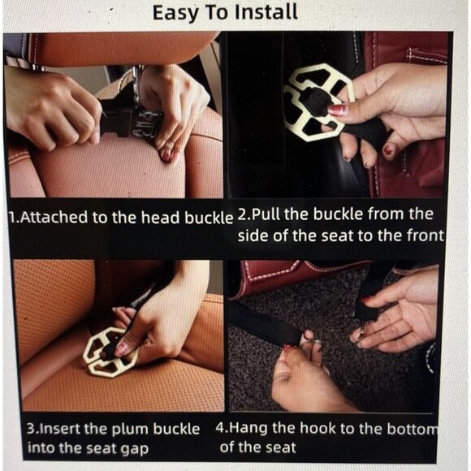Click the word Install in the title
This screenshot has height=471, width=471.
[266, 13]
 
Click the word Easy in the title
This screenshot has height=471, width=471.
[175, 14]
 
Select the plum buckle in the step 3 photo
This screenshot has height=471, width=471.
[110, 352]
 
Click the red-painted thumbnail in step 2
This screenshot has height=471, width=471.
[339, 110]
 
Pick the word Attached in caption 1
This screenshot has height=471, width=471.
[54, 217]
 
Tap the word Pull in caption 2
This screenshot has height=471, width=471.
[265, 214]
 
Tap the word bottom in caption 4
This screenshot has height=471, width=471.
[413, 429]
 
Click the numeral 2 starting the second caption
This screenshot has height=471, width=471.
[241, 214]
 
